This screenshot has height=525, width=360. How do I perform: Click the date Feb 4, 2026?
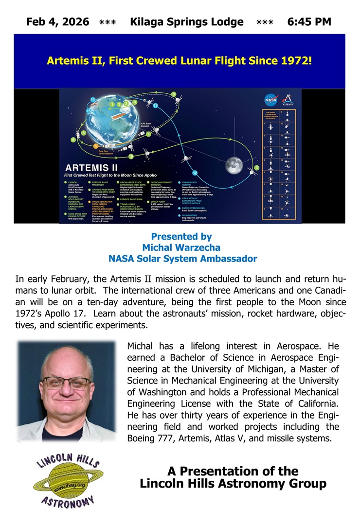pos(57,22)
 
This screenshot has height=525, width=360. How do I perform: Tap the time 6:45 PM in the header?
pos(309,22)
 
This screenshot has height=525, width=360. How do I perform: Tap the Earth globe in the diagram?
pos(119,117)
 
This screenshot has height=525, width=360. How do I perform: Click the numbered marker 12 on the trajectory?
pos(195,172)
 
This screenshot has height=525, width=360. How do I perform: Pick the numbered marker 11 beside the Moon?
pos(256,168)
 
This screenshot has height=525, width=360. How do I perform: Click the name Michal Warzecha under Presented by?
pos(181,248)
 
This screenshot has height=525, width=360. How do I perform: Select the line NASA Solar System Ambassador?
pos(182,259)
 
